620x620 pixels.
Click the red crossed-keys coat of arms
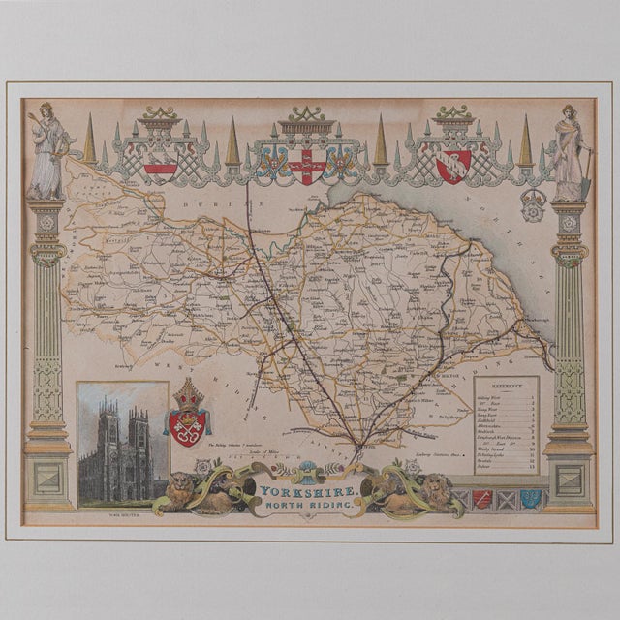point(189,424)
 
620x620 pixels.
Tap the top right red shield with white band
point(453,165)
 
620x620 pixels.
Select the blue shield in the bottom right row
point(530,500)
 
